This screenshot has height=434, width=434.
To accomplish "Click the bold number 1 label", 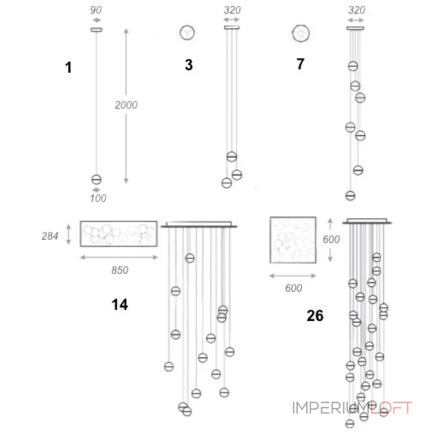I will (68, 68).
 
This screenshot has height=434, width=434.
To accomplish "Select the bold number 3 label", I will (188, 65).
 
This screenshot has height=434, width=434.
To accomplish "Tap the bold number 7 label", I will (300, 64).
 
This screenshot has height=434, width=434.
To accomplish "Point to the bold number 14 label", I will (119, 305).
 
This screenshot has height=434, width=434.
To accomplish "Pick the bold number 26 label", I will (315, 315).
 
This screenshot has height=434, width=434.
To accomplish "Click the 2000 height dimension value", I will (126, 105).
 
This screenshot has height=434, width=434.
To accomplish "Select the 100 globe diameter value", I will (98, 199).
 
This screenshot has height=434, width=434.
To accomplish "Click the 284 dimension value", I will (50, 236).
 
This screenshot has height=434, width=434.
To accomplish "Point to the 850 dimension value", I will (119, 270).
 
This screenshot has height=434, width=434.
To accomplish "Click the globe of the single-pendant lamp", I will (97, 180).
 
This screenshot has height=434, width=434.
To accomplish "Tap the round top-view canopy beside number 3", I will (187, 33).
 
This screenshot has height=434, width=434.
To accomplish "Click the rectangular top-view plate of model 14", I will (118, 233).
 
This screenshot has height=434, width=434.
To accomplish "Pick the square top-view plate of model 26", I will (293, 240).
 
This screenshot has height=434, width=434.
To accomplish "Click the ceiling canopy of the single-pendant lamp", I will (97, 29).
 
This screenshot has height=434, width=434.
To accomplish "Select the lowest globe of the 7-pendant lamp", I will (350, 195).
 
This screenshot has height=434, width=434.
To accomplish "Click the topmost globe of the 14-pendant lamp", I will (189, 258).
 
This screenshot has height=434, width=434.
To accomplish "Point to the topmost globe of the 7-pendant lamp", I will (353, 67).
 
